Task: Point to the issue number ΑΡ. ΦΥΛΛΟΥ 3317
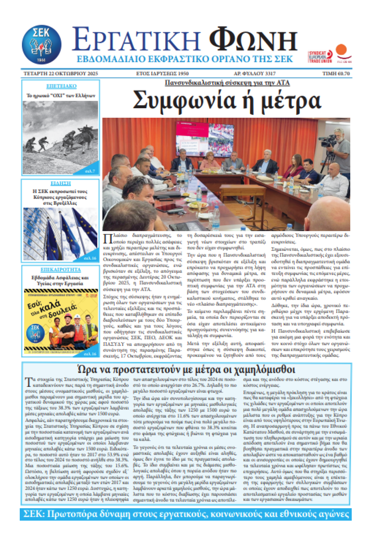(255, 73)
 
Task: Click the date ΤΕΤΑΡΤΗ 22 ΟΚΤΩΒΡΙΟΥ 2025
(61, 73)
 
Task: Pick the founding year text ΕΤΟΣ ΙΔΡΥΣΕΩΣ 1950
(162, 73)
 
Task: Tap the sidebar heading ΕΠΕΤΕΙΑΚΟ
(61, 86)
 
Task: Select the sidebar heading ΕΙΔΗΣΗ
(61, 183)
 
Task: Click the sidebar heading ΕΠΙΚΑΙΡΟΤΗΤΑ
(61, 270)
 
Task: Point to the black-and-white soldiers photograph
(61, 137)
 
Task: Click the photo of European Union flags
(61, 234)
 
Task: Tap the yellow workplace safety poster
(61, 321)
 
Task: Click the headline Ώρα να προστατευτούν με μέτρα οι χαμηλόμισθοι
(186, 369)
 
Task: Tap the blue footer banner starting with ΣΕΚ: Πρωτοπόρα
(186, 514)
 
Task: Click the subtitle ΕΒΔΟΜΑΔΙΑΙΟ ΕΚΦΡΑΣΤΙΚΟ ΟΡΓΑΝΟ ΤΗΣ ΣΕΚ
(184, 59)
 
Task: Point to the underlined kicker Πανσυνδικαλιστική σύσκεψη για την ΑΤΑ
(227, 83)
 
